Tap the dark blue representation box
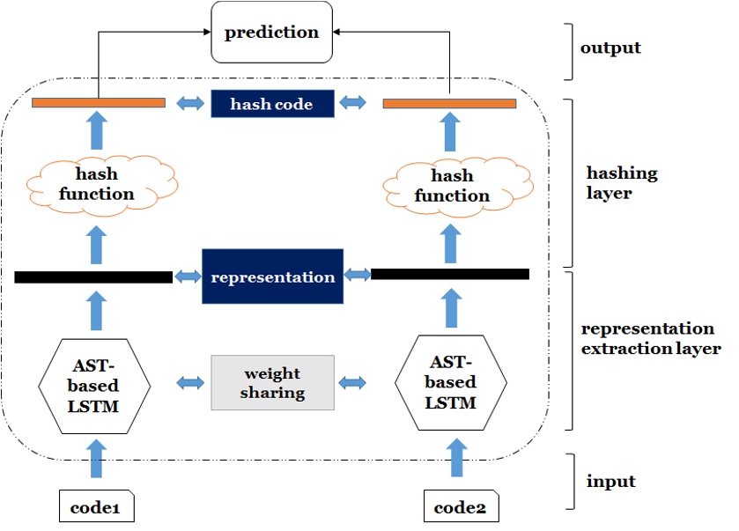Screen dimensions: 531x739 coord(272,277)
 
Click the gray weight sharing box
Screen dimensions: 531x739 coord(272,382)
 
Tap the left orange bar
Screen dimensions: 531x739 coord(99,103)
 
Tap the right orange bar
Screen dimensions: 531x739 coord(449,104)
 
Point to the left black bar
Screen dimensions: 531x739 coord(93,277)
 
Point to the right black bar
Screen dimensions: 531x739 coord(450,274)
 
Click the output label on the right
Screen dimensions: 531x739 coord(611,47)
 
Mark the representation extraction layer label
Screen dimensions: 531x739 coord(650,338)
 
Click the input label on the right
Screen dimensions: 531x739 coord(610,482)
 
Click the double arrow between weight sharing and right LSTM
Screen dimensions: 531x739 coord(352,382)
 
